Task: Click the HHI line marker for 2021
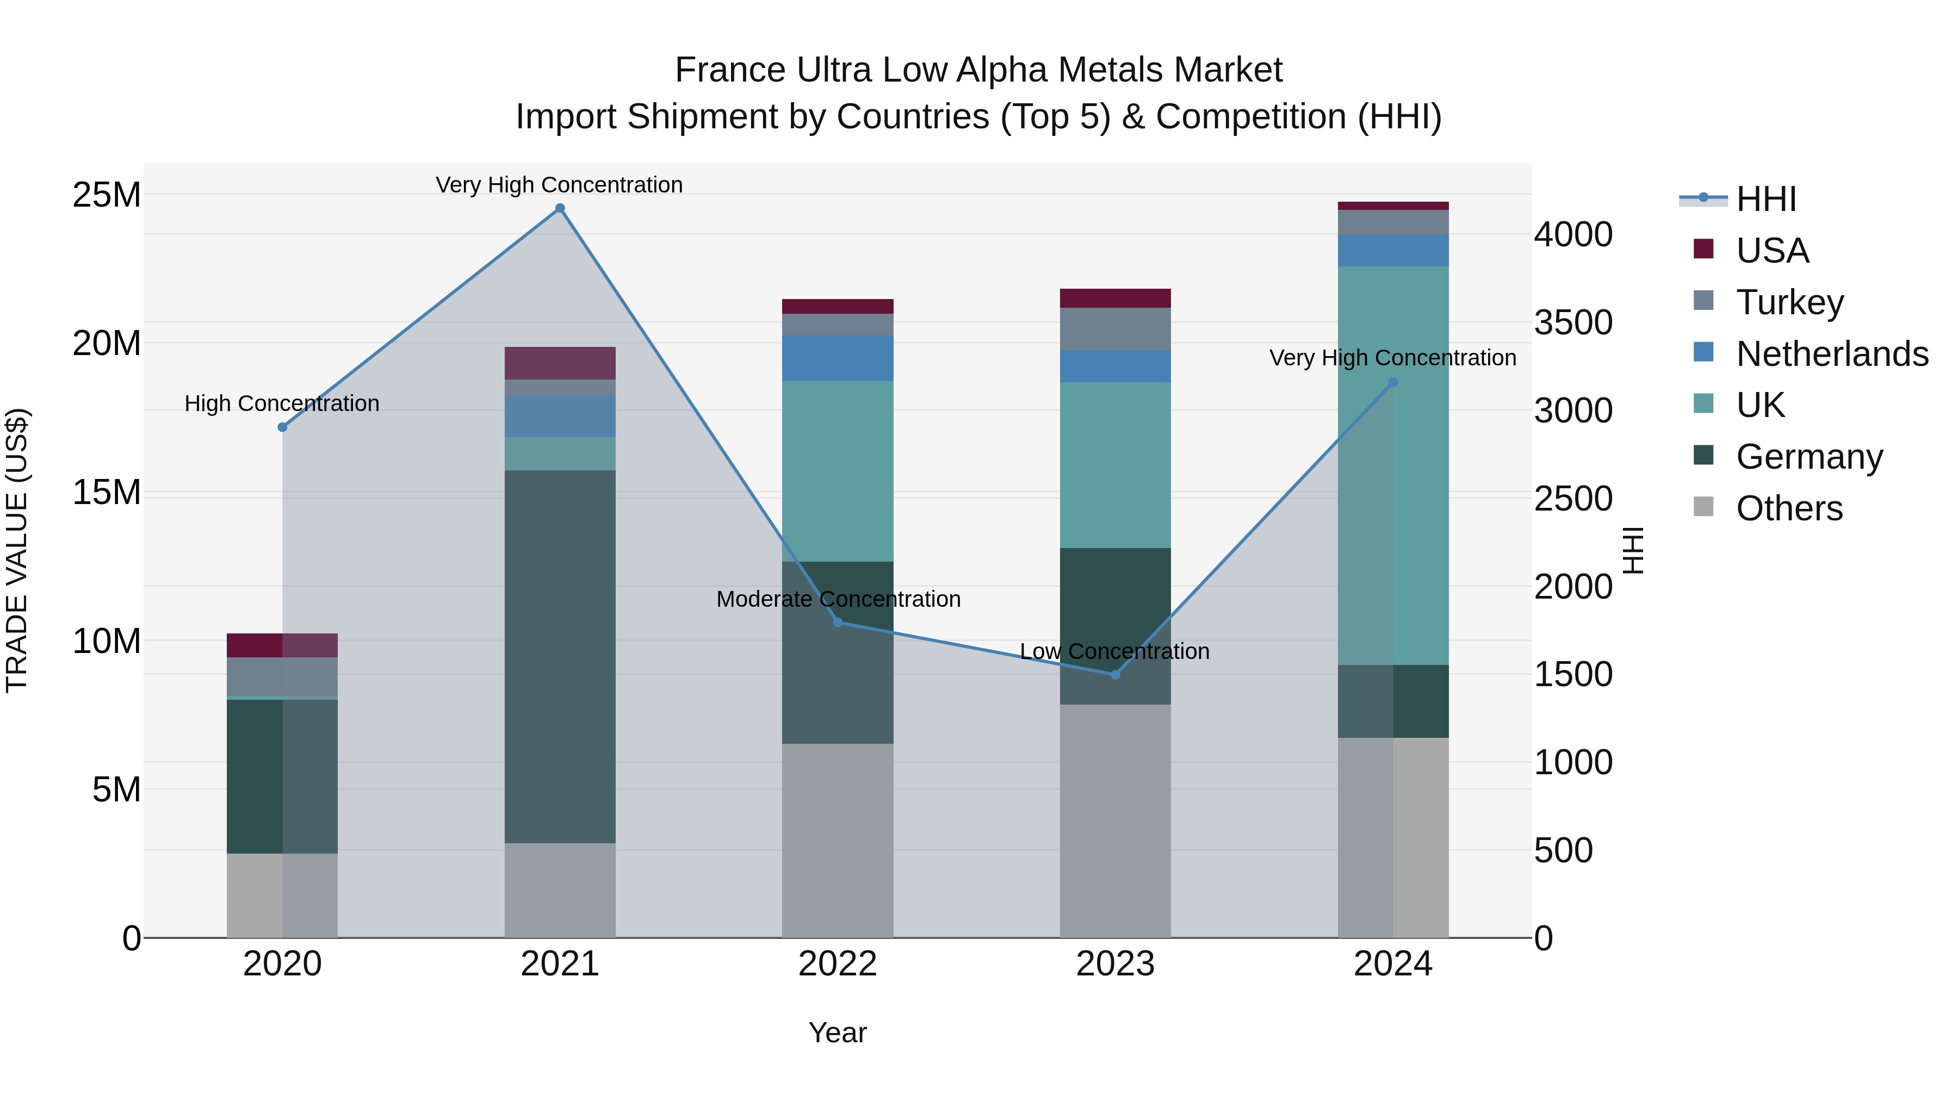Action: [560, 208]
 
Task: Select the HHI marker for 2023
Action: [1115, 675]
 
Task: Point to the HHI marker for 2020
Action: [282, 427]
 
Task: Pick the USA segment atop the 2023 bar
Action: [1115, 298]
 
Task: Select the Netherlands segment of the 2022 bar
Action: [838, 358]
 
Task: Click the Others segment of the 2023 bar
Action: [1115, 820]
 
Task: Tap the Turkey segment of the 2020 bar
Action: [282, 676]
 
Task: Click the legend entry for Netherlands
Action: [1832, 354]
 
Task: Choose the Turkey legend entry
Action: [1789, 302]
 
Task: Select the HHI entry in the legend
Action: [1765, 199]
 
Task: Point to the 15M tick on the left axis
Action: [107, 493]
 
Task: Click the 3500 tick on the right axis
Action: [1572, 322]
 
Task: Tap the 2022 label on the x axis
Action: [838, 964]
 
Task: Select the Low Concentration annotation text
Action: [1114, 651]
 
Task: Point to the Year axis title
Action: [838, 1032]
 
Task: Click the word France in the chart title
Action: [730, 70]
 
